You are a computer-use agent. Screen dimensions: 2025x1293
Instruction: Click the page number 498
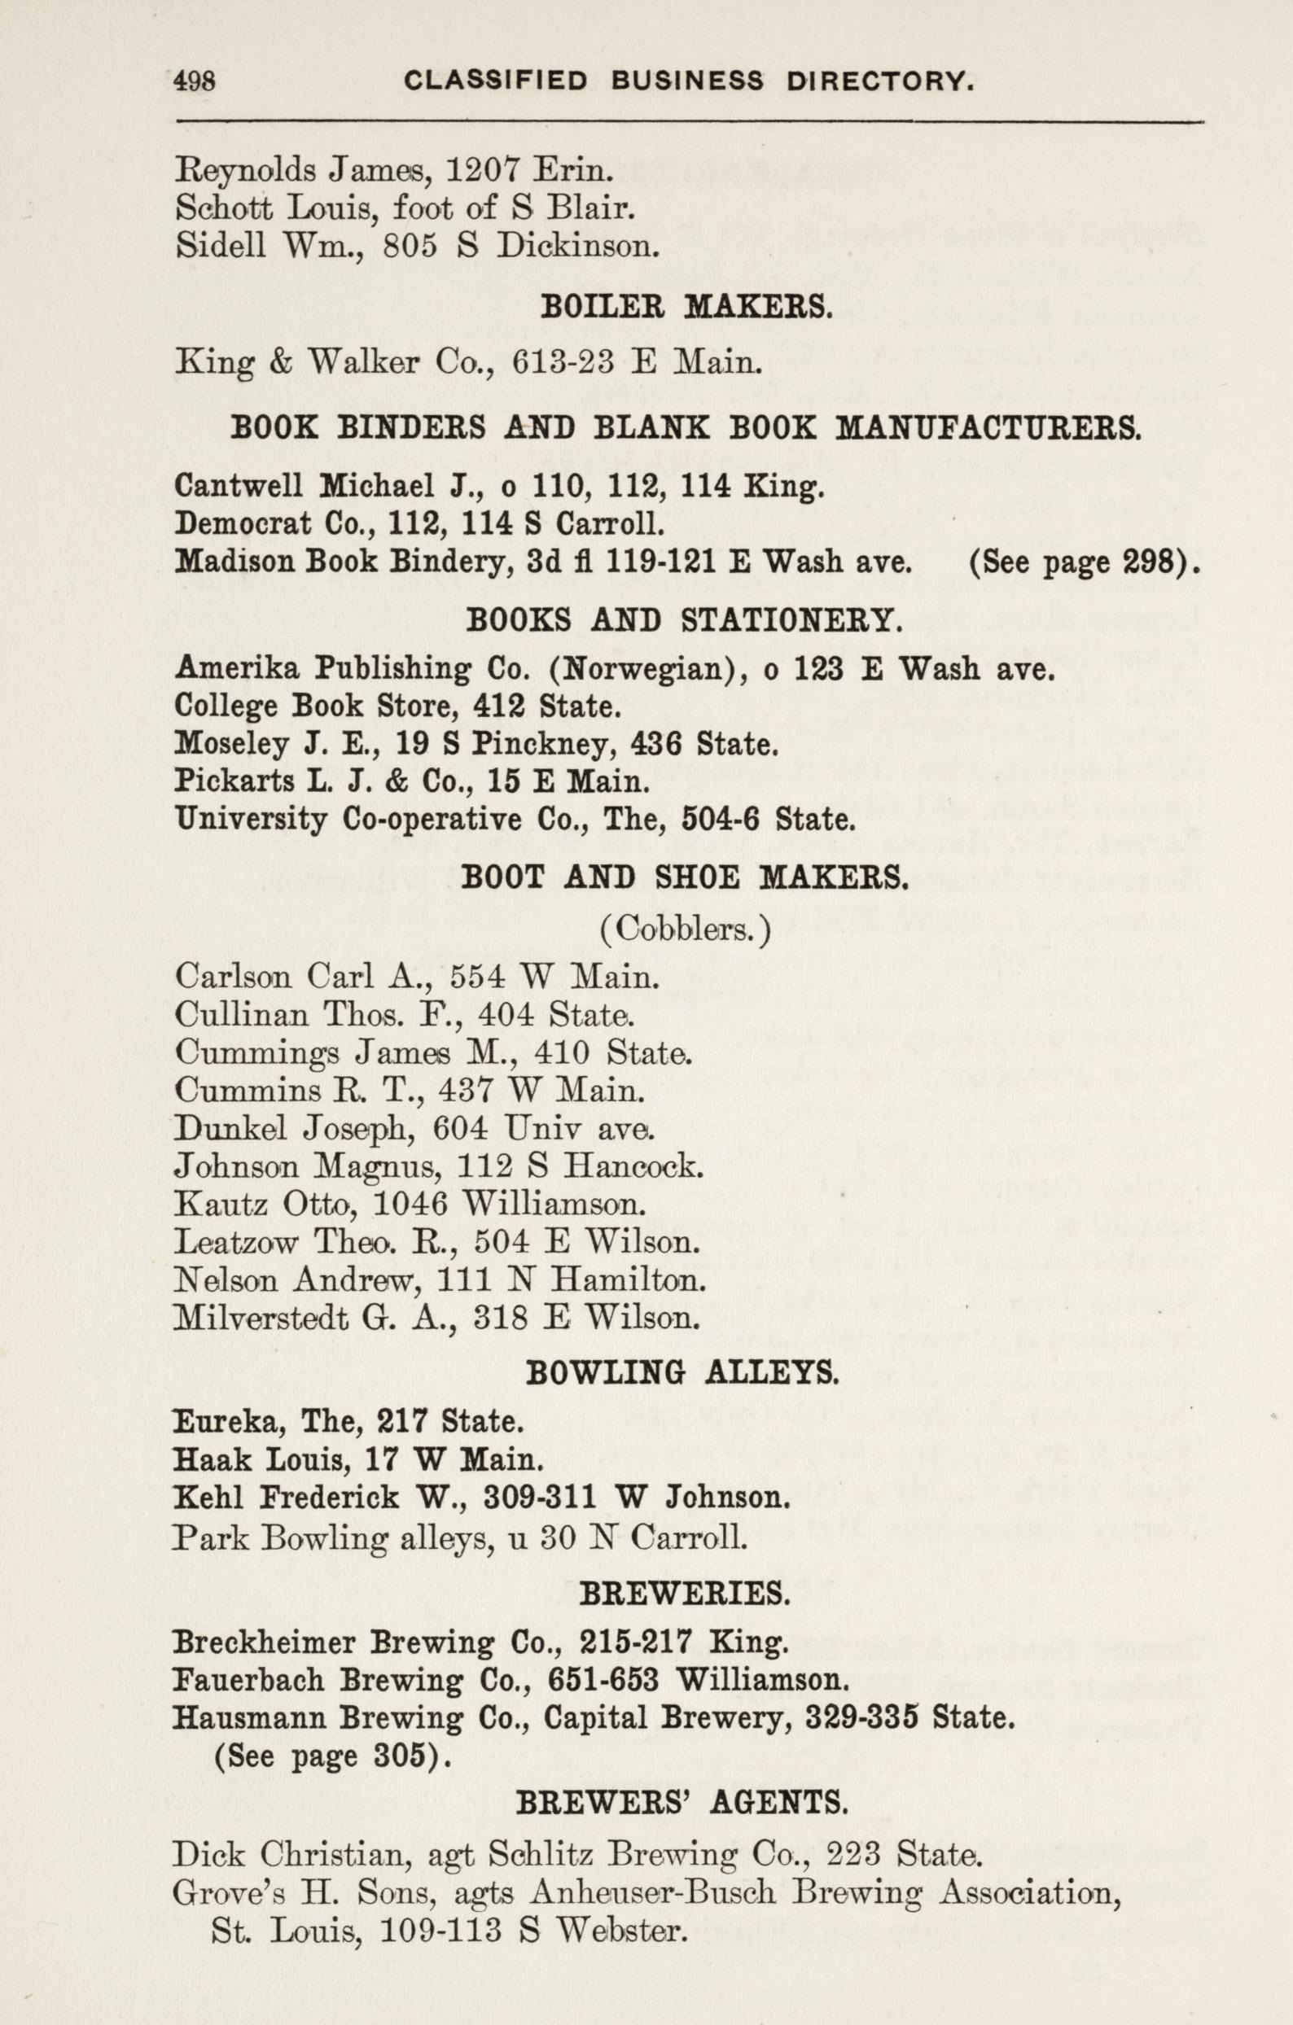(x=195, y=81)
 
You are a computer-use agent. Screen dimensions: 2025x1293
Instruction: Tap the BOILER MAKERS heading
(x=686, y=306)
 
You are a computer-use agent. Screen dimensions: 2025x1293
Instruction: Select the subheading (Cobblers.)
(x=686, y=929)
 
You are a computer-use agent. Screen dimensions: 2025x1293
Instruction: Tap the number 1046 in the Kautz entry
(x=409, y=1205)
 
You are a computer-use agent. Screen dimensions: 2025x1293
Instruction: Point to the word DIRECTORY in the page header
(x=880, y=81)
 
